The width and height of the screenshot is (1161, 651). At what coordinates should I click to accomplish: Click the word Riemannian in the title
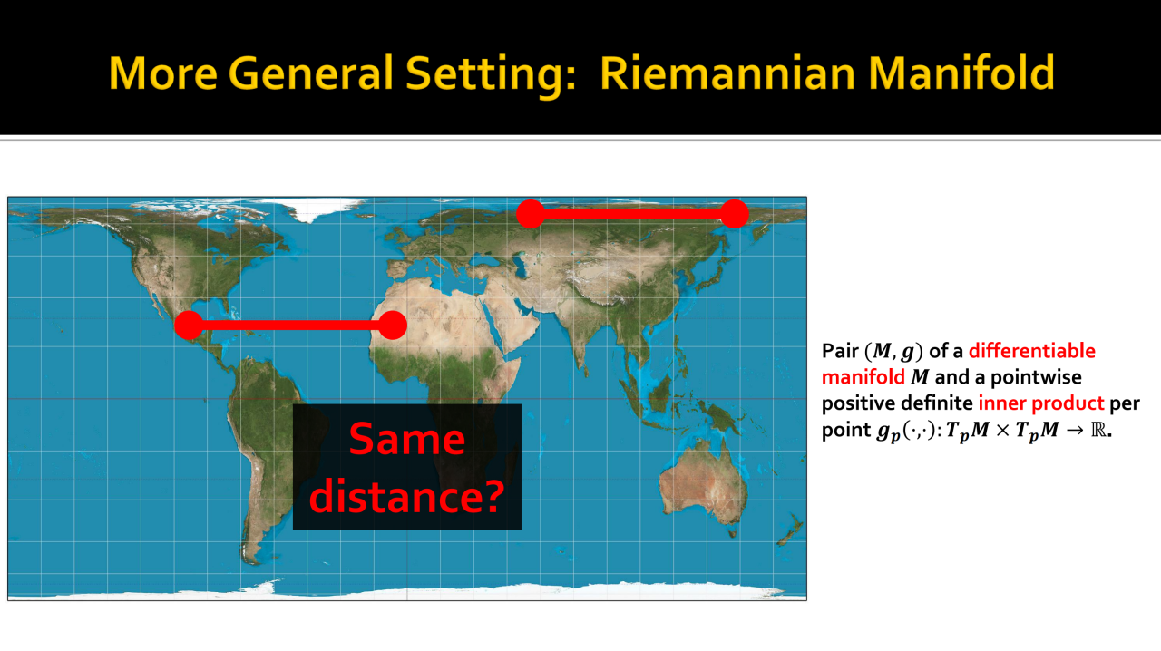coord(727,73)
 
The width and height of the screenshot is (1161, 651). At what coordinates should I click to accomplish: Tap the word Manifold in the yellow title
coord(961,73)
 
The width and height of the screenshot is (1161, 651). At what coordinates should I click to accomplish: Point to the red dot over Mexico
coord(189,325)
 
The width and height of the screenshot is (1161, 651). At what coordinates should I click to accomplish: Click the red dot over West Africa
coord(393,325)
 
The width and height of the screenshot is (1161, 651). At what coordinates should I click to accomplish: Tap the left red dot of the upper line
coord(531,214)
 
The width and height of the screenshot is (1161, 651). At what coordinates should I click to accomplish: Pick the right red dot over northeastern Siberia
coord(735,214)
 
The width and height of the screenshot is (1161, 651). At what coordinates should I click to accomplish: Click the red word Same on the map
coord(407,439)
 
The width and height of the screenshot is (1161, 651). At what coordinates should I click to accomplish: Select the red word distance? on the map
coord(407,496)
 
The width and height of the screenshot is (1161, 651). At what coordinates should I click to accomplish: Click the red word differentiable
coord(1032,351)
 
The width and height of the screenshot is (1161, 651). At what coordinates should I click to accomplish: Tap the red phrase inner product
coord(1041,403)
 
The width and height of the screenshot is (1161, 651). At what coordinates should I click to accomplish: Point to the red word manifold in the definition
coord(863,377)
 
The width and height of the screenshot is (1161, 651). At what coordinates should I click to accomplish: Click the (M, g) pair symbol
coord(893,352)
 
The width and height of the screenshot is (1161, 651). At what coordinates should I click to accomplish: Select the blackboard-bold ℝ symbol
coord(1098,430)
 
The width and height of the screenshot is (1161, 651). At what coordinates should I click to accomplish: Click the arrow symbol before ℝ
coord(1075,430)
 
